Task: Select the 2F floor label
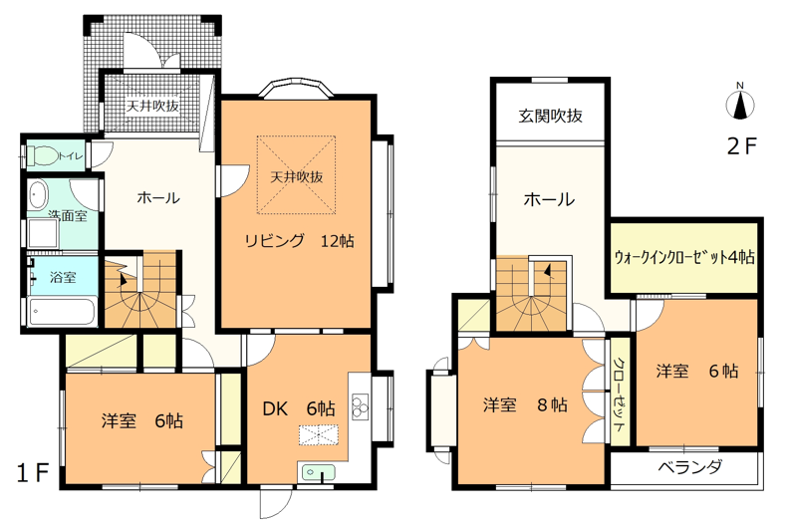tap(741, 145)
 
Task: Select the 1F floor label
tap(33, 473)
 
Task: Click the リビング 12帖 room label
tap(299, 241)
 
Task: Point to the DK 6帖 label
tap(299, 408)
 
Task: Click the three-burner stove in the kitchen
tap(360, 406)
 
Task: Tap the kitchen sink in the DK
tap(318, 472)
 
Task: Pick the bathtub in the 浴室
tap(63, 312)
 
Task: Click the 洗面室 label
tap(68, 215)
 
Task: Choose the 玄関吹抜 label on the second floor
tap(551, 117)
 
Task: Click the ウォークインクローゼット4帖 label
tap(684, 258)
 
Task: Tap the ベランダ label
tap(690, 467)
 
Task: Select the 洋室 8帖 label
tap(525, 404)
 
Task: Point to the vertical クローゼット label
tap(620, 394)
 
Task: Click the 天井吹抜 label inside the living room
tap(297, 177)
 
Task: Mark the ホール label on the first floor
tap(158, 197)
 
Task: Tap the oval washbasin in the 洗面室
tap(37, 195)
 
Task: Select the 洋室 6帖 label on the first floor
tap(142, 420)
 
